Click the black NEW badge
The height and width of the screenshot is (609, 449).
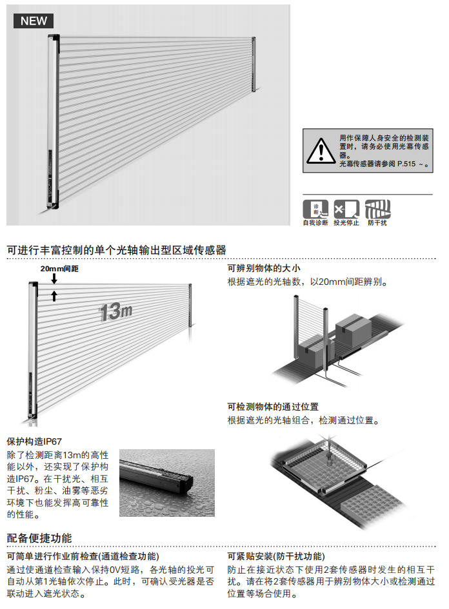[x=34, y=21]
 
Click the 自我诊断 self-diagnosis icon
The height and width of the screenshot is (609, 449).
[x=315, y=209]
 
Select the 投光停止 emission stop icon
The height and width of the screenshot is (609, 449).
[x=346, y=209]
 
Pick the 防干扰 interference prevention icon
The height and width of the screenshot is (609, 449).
[x=378, y=209]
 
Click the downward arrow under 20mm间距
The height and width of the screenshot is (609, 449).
[x=55, y=279]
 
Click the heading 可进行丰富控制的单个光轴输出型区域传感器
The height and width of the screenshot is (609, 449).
[x=116, y=250]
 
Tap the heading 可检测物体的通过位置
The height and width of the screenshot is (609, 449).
[x=273, y=407]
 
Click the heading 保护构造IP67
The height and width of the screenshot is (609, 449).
[x=34, y=441]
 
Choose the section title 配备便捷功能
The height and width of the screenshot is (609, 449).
[x=39, y=538]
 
